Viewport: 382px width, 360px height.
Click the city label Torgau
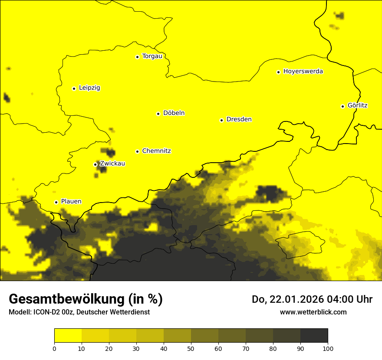[x=152, y=56]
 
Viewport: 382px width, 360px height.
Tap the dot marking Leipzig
[x=74, y=88]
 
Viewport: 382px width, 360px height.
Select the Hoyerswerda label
[x=303, y=72]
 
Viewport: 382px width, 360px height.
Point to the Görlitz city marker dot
[x=342, y=106]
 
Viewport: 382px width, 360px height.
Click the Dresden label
[x=239, y=119]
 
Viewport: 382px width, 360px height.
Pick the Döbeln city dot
[x=158, y=114]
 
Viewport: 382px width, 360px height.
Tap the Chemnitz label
[x=156, y=151]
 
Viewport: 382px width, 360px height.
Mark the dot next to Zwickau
[x=95, y=164]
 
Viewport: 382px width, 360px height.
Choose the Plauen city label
[x=71, y=202]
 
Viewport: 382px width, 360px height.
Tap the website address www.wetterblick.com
[x=313, y=312]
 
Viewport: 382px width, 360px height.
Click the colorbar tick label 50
[x=191, y=348]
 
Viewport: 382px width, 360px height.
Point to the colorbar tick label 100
[x=328, y=348]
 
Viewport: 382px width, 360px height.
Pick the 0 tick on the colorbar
[x=54, y=348]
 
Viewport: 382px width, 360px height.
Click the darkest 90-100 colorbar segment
[x=314, y=336]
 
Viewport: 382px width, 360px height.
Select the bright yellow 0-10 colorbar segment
[x=68, y=336]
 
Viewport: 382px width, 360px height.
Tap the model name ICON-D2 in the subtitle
[x=45, y=312]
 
